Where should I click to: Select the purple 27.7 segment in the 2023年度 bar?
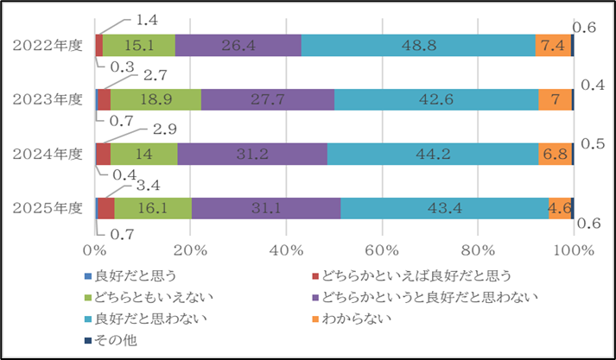(x=267, y=99)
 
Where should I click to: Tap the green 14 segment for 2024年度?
(x=143, y=154)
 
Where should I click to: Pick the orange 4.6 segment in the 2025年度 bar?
(x=559, y=208)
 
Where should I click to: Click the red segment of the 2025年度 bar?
(x=106, y=208)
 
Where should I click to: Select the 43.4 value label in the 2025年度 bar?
(x=443, y=208)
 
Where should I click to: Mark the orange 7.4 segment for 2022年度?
(x=553, y=46)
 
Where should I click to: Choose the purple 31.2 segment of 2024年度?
(x=252, y=154)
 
